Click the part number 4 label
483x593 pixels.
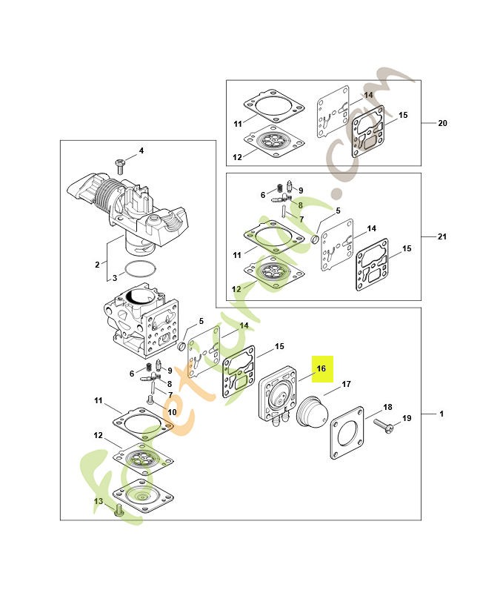(x=141, y=150)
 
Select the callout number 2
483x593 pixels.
(x=96, y=264)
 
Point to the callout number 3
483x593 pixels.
(x=114, y=278)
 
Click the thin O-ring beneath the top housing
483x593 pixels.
(x=140, y=268)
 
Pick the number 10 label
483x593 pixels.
(x=172, y=412)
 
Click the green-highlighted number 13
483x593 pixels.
(x=98, y=501)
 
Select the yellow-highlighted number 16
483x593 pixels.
(x=322, y=368)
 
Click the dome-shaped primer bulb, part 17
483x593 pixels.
(x=312, y=411)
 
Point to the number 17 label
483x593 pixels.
(x=347, y=384)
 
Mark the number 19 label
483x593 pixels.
(x=406, y=419)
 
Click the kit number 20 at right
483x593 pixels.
(x=442, y=123)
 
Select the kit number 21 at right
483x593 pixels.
(x=442, y=236)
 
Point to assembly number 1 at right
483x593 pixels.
(x=442, y=413)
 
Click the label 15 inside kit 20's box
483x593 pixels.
(x=403, y=115)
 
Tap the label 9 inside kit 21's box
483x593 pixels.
(x=300, y=191)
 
